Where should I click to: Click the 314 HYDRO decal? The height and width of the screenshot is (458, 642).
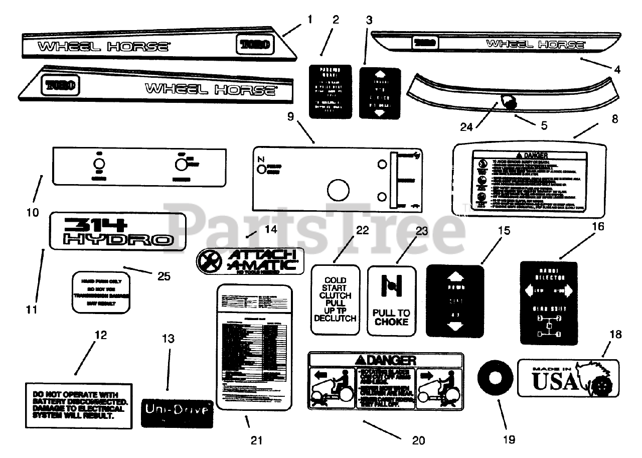tap(118, 231)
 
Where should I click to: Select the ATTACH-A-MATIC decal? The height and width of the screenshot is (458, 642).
tap(250, 261)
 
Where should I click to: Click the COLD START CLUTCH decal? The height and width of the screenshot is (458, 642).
tap(336, 299)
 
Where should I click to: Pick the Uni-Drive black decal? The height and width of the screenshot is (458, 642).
tap(177, 410)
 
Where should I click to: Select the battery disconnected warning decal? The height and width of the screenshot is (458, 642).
tap(79, 405)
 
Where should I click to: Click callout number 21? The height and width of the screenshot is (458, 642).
tap(256, 440)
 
